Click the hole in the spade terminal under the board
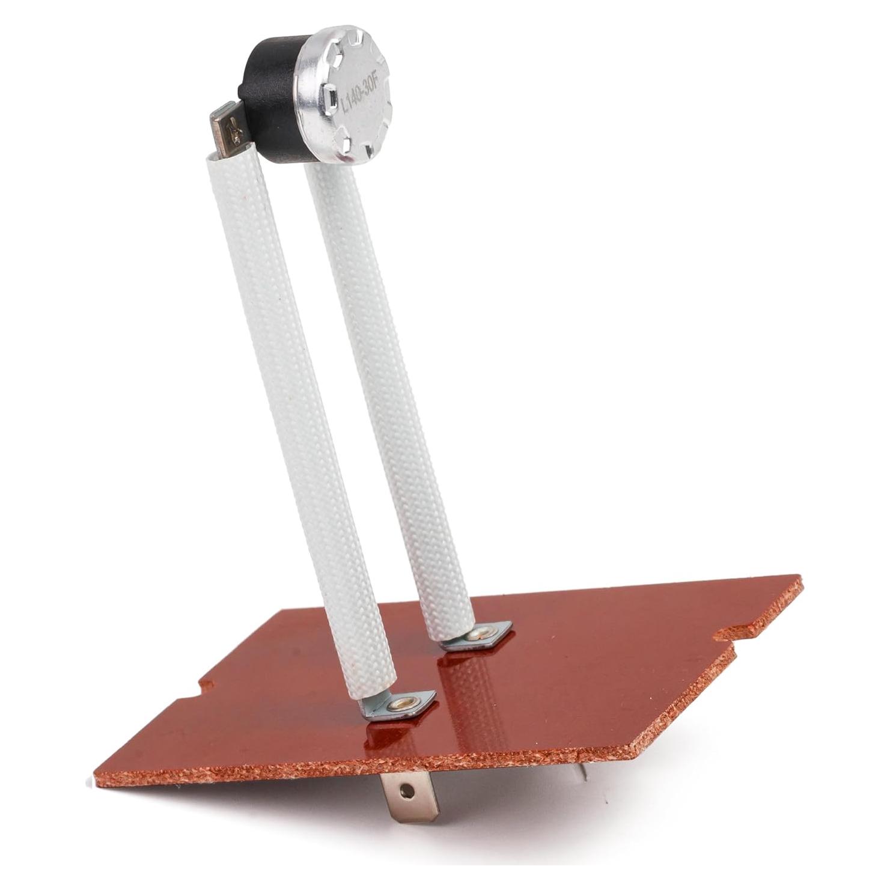tap(410, 788)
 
